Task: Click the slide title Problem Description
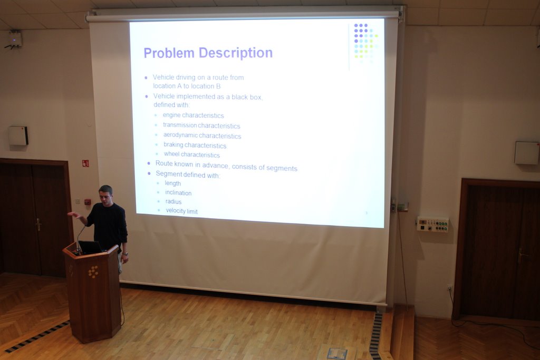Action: coord(208,53)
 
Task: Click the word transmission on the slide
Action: coord(180,125)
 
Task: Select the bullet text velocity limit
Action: coord(181,211)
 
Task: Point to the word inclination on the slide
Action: coord(178,193)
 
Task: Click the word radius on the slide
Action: coord(173,202)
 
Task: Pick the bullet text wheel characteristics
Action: coord(191,154)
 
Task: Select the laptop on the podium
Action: coord(90,247)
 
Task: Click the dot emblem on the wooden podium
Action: coord(93,272)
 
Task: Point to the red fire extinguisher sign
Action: coord(85,163)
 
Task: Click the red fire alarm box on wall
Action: coord(88,202)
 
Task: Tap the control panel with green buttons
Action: coord(432,224)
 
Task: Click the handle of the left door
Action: coord(38,225)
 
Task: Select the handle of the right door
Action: coord(522,255)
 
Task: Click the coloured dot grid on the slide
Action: coord(366,43)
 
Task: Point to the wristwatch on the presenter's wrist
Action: coord(126,254)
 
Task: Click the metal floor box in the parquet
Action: coord(336,354)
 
